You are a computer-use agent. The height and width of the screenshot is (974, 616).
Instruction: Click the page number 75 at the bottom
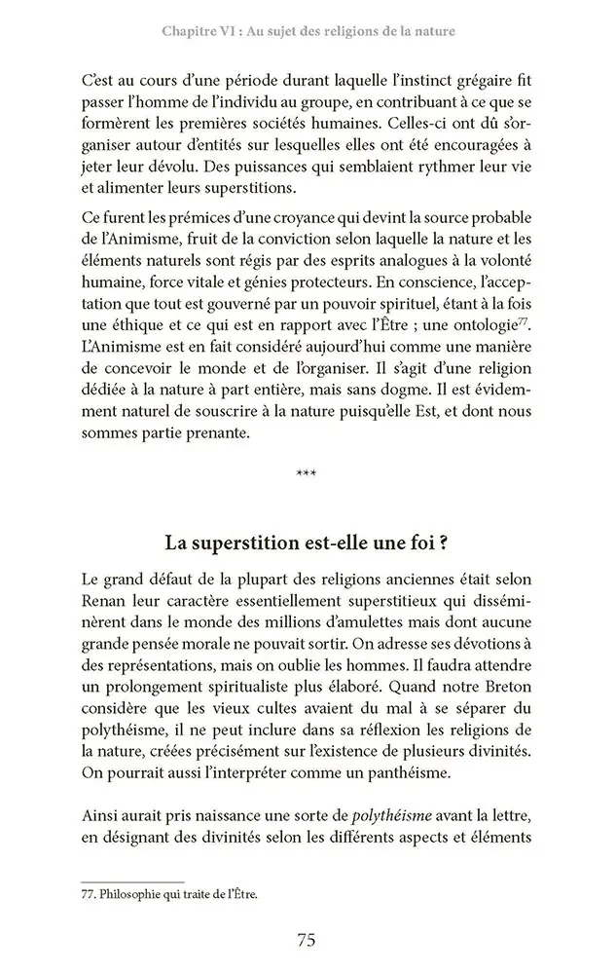306,940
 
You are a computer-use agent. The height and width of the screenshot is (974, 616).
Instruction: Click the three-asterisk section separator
307,474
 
